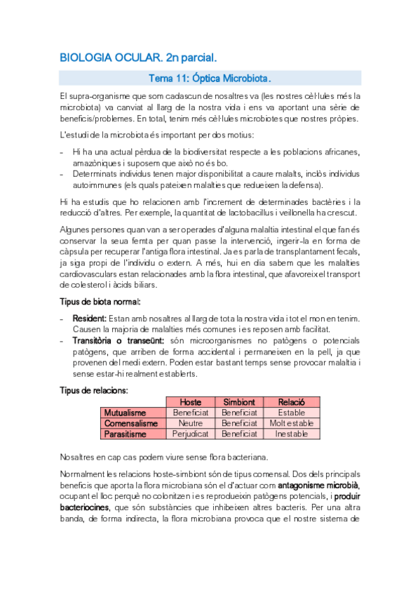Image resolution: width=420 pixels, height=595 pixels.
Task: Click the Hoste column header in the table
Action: [190, 402]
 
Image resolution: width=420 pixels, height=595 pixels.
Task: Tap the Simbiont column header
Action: [240, 402]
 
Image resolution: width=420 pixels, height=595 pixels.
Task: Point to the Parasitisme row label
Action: [126, 434]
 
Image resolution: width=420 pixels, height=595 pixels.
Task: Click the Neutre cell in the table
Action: [190, 423]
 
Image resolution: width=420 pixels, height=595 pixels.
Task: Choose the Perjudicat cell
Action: [190, 434]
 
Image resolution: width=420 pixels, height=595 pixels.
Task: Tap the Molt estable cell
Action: [291, 423]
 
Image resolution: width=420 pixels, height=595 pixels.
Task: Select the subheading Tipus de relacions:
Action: [95, 390]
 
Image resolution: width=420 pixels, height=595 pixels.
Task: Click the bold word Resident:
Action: [89, 318]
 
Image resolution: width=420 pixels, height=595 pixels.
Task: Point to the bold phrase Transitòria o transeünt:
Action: [118, 340]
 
